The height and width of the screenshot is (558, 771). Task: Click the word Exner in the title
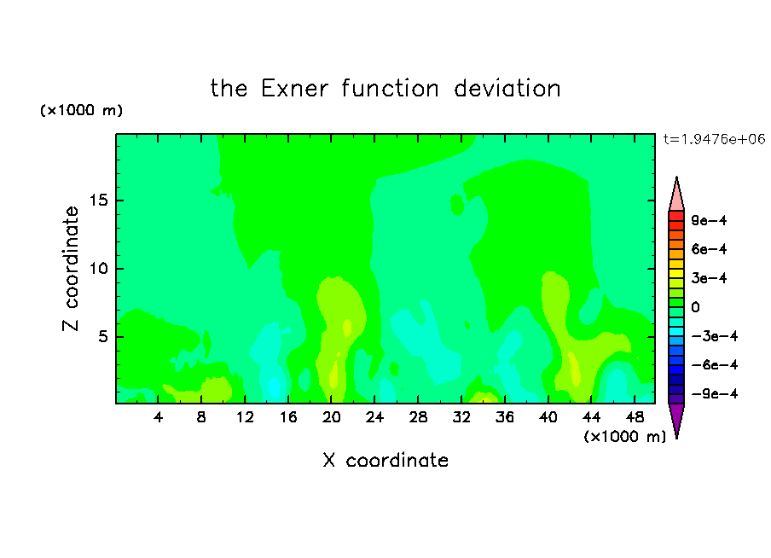294,89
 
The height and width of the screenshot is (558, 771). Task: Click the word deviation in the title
507,89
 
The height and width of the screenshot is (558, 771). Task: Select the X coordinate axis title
385,460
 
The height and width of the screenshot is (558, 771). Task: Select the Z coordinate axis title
70,269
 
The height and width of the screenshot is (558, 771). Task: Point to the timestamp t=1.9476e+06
714,139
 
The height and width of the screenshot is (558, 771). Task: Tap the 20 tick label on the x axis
331,417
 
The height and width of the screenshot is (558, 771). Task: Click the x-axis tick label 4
158,417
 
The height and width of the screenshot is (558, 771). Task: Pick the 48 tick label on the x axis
635,417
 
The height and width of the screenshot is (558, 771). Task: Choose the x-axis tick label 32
461,417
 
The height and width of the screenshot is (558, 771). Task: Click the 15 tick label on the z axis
98,201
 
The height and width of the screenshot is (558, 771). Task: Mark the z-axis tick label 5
102,336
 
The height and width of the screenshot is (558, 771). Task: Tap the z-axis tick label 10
98,269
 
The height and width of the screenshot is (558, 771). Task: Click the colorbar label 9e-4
709,220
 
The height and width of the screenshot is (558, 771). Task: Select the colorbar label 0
695,307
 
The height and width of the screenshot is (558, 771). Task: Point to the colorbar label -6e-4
715,365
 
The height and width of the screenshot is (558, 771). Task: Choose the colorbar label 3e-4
709,278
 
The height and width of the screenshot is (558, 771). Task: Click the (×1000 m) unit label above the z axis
81,110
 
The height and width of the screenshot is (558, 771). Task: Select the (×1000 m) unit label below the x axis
624,437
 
